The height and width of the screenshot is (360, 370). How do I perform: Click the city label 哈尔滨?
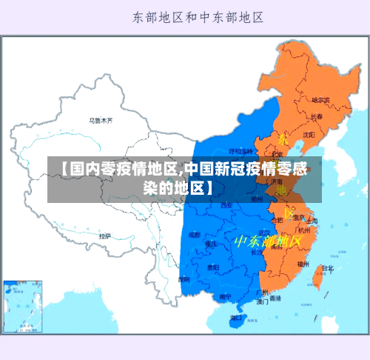(320, 99)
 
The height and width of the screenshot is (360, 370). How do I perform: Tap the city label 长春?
(316, 116)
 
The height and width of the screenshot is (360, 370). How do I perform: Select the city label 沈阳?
(308, 134)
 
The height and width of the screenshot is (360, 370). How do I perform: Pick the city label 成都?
(194, 235)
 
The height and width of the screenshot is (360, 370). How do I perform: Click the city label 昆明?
(184, 279)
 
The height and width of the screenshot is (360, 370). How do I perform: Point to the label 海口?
(236, 318)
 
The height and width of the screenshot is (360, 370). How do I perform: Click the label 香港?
(275, 299)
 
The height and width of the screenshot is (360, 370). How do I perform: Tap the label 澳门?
(262, 302)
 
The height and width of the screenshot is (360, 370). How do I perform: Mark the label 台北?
(327, 268)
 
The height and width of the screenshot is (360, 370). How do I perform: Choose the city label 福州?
(303, 263)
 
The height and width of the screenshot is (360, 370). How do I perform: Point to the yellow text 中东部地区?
(268, 241)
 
